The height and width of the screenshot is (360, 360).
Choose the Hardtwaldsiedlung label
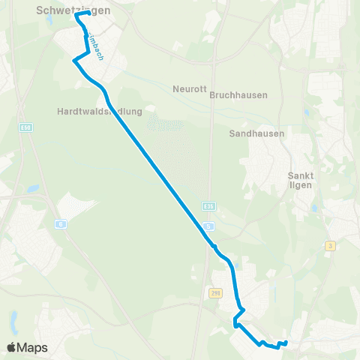pos(99,111)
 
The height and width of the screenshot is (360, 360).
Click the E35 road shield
pos(208,205)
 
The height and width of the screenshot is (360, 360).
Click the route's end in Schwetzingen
pos(88,13)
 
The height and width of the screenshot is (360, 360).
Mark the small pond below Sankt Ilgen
pos(315,209)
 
